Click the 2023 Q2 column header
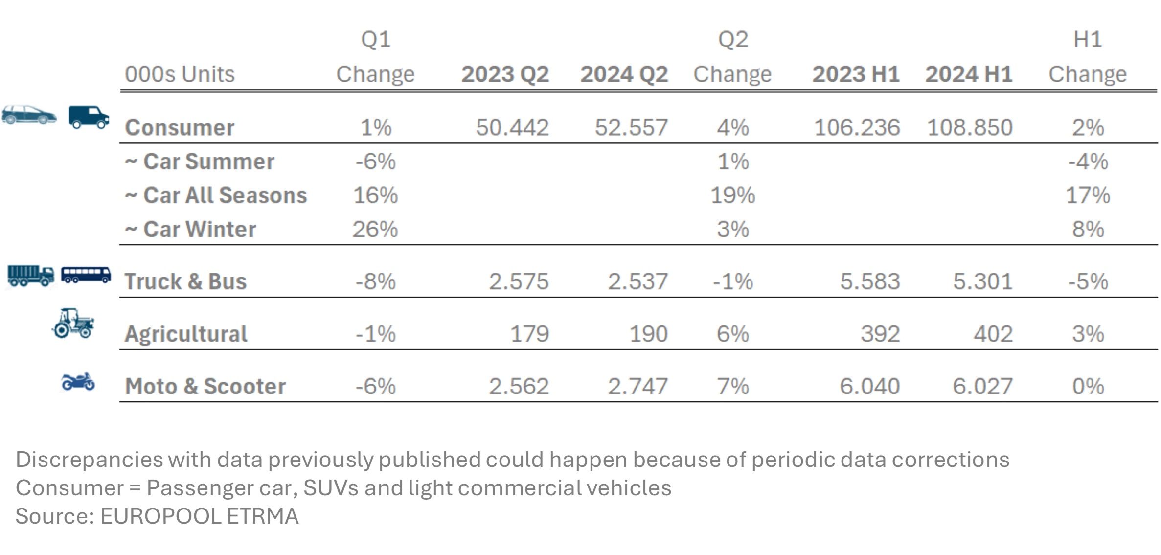tap(505, 74)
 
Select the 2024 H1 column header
tap(968, 74)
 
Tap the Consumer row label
tap(180, 127)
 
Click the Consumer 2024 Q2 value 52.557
tap(631, 127)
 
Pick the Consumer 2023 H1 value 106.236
tap(857, 127)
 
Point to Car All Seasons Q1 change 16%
tap(375, 195)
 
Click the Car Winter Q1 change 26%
tap(375, 229)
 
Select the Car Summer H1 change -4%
tap(1088, 162)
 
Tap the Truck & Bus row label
tap(185, 281)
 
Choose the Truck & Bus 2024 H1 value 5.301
tap(982, 281)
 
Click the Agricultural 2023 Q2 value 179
tap(529, 334)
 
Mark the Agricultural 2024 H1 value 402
tap(993, 334)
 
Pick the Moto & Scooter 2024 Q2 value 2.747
tap(637, 386)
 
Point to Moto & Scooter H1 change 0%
tap(1088, 386)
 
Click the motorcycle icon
tap(78, 382)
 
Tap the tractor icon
tap(73, 323)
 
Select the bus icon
tap(86, 275)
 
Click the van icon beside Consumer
tap(89, 117)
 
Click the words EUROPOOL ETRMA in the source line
tap(199, 516)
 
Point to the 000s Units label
tap(180, 74)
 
